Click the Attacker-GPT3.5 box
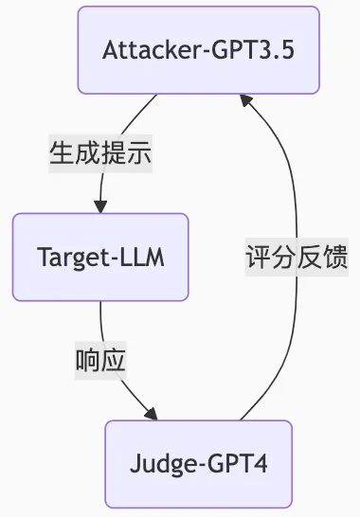[x=198, y=50]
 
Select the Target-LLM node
[x=99, y=257]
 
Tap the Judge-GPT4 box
[x=198, y=464]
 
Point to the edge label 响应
[x=101, y=360]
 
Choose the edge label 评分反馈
[x=297, y=257]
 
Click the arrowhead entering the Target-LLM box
[x=99, y=206]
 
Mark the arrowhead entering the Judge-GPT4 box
[x=151, y=414]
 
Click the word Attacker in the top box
[x=145, y=50]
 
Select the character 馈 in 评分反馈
[x=335, y=257]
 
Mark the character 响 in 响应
[x=88, y=360]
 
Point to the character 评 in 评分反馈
[x=258, y=257]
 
